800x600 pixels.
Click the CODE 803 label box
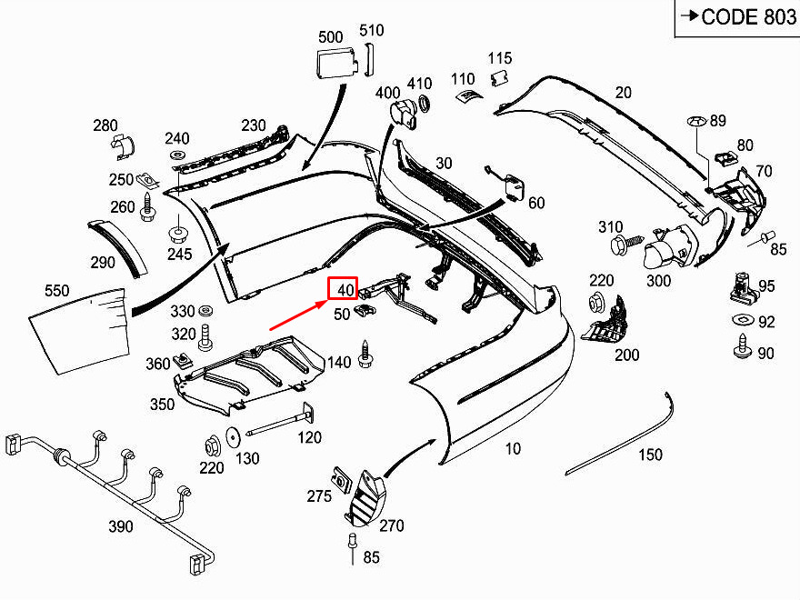(738, 18)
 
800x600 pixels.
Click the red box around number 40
(343, 289)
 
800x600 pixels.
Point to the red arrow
(298, 315)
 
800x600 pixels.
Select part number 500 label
(330, 37)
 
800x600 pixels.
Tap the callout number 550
(56, 291)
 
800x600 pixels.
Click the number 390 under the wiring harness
(120, 526)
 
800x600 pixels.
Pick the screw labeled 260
(148, 206)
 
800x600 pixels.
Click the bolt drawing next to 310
(627, 244)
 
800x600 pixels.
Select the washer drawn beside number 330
(206, 310)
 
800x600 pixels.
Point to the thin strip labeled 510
(368, 59)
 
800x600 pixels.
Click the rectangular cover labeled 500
(336, 62)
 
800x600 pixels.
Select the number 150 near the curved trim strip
(650, 455)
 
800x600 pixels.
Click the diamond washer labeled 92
(743, 320)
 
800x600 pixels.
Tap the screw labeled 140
(365, 354)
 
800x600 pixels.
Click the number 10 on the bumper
(513, 449)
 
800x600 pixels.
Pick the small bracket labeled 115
(499, 78)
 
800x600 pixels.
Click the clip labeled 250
(148, 179)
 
